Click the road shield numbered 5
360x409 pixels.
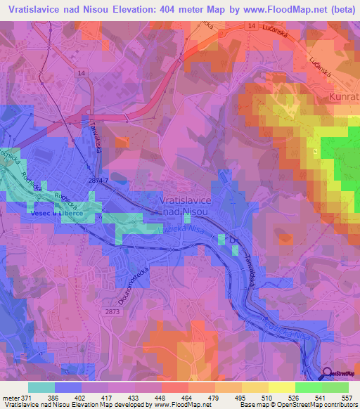tap(316, 151)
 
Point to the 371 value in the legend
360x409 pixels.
tap(26, 398)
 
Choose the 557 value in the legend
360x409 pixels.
tap(347, 398)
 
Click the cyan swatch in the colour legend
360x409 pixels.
tap(41, 387)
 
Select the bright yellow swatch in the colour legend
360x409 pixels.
tap(281, 387)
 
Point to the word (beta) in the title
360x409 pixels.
tap(340, 10)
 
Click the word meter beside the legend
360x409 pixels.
tap(11, 398)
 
